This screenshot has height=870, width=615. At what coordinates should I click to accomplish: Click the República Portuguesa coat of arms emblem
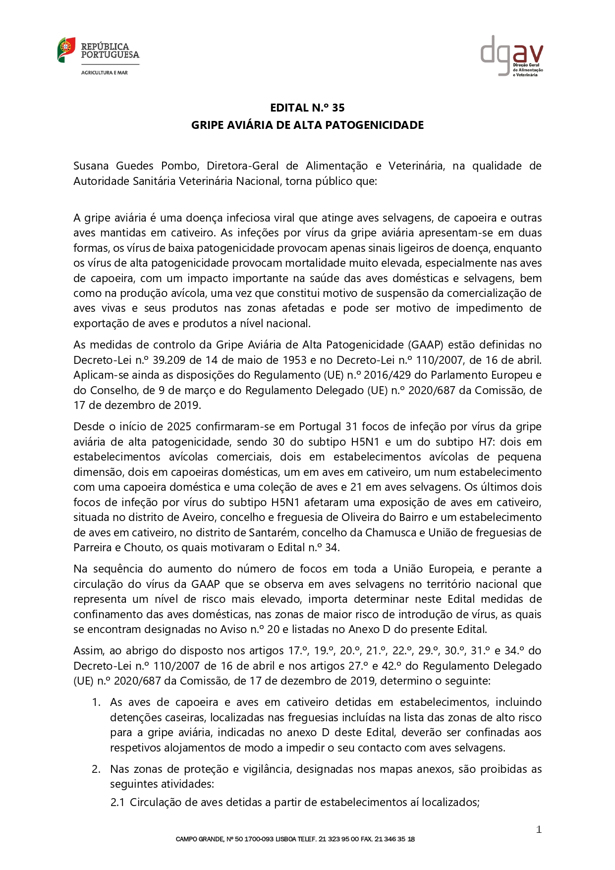pyautogui.click(x=66, y=50)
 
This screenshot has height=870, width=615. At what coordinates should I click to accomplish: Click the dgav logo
pyautogui.click(x=511, y=56)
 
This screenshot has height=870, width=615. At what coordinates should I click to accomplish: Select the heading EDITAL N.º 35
pyautogui.click(x=307, y=108)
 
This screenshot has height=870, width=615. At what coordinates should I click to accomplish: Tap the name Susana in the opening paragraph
pyautogui.click(x=91, y=166)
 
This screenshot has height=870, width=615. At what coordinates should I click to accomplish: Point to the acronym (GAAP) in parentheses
pyautogui.click(x=424, y=345)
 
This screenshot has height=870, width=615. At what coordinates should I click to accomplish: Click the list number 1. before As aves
pyautogui.click(x=96, y=702)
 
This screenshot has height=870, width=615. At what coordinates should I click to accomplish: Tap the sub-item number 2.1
pyautogui.click(x=117, y=802)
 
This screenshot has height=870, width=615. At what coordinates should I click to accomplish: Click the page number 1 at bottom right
pyautogui.click(x=539, y=829)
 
